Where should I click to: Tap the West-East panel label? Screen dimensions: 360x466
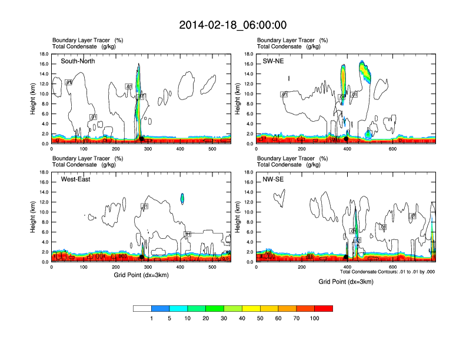(x=76, y=179)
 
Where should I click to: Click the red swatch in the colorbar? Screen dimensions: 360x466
(x=324, y=308)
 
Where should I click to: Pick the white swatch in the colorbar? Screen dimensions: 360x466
(x=142, y=308)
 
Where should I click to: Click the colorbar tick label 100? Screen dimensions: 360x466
(x=315, y=318)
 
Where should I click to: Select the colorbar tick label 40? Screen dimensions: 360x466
(x=242, y=318)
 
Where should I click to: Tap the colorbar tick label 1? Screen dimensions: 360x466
(x=152, y=318)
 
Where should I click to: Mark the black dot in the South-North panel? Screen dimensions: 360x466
(x=141, y=139)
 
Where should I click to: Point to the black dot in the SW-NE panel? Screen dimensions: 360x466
(x=346, y=139)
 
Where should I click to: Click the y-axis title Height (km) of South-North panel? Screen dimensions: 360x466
(x=34, y=98)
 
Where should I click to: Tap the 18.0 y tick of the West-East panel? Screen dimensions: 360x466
(x=44, y=172)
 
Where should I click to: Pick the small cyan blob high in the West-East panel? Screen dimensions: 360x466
(x=182, y=198)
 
